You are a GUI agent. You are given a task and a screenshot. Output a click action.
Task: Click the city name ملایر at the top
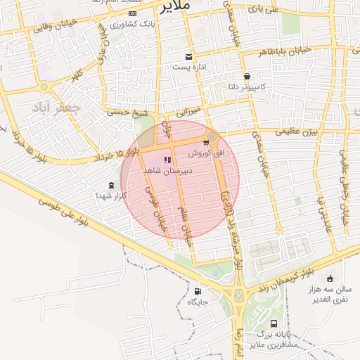coord(176,7)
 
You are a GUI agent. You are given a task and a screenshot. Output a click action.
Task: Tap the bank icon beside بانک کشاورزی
coord(133,13)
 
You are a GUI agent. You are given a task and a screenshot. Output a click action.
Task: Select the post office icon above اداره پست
coord(188,56)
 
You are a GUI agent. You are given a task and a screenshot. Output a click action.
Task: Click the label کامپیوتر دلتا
coord(246,87)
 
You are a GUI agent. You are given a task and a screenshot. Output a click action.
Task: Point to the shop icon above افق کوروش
coord(206,143)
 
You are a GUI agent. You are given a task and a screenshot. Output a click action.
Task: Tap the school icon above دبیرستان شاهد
coord(167,160)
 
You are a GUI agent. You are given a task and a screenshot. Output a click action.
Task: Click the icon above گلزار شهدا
coord(112,185)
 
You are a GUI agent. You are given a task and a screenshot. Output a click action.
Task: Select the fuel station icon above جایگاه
coord(197,291)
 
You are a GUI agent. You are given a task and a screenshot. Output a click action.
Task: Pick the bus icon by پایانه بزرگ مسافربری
coord(273,325)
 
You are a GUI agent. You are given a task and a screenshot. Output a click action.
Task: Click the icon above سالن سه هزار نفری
coord(330,278)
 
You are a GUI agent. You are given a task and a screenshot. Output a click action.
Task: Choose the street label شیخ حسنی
coord(128,112)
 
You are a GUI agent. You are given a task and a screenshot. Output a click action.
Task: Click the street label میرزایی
coord(188,111)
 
